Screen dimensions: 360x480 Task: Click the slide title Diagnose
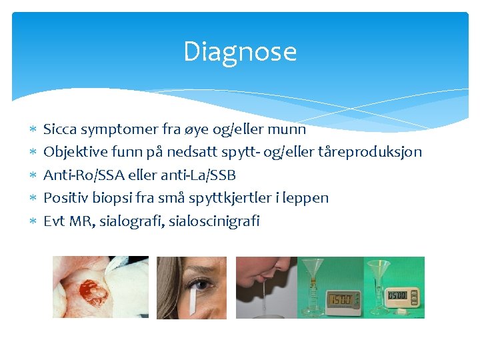[x=240, y=52]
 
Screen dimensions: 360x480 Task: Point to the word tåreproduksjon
[x=373, y=152]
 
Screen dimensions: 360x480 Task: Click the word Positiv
[x=63, y=198]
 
